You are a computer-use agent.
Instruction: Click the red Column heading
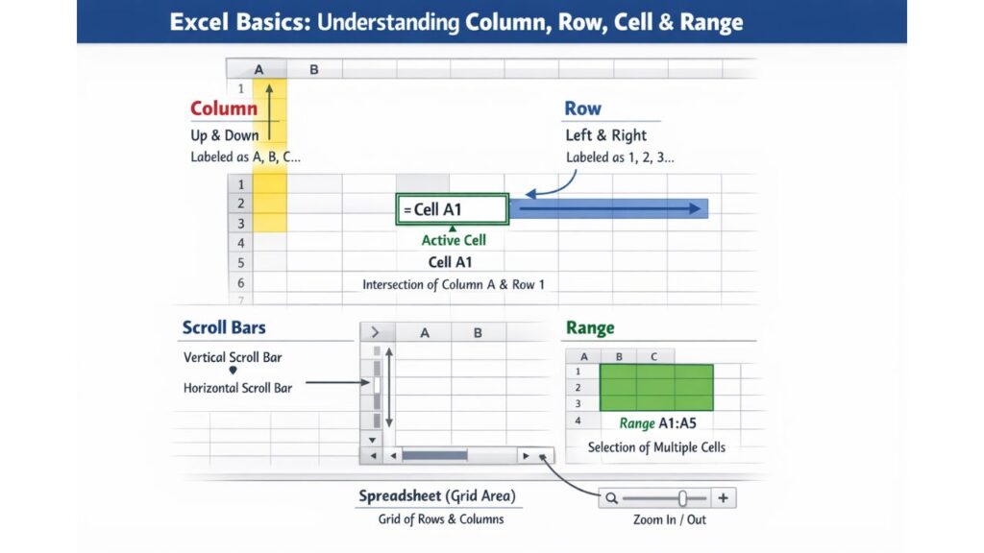pyautogui.click(x=223, y=108)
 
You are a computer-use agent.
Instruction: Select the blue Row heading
pyautogui.click(x=582, y=108)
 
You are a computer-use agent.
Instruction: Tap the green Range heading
pyautogui.click(x=590, y=328)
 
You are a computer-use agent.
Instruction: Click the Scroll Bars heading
pyautogui.click(x=224, y=328)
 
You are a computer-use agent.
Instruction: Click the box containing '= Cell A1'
pyautogui.click(x=452, y=209)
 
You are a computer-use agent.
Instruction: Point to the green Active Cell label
pyautogui.click(x=454, y=241)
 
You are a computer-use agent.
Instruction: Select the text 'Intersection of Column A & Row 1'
pyautogui.click(x=453, y=284)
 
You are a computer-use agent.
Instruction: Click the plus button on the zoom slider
pyautogui.click(x=723, y=498)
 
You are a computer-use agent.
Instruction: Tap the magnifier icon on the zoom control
pyautogui.click(x=611, y=498)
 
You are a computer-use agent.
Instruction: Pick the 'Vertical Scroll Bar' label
pyautogui.click(x=233, y=357)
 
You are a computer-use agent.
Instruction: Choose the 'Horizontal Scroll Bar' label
pyautogui.click(x=237, y=388)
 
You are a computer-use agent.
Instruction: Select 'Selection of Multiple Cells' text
pyautogui.click(x=657, y=447)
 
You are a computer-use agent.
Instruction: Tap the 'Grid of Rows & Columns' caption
pyautogui.click(x=441, y=519)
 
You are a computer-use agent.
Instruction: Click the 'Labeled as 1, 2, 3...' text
pyautogui.click(x=620, y=156)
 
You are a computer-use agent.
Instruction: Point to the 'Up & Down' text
pyautogui.click(x=224, y=135)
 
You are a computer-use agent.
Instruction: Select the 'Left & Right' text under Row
pyautogui.click(x=605, y=135)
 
